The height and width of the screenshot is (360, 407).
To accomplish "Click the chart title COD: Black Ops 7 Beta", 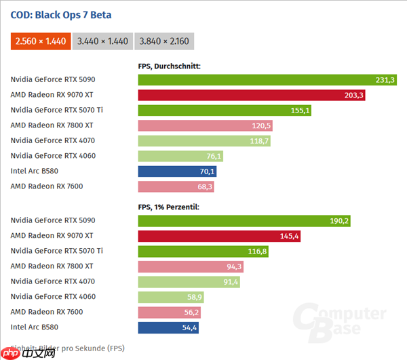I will [61, 15].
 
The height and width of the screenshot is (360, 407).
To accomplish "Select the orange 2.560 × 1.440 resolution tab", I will [41, 41].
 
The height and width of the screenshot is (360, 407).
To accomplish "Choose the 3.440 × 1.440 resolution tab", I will [102, 41].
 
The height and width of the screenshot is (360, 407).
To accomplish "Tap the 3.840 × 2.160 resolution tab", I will [164, 41].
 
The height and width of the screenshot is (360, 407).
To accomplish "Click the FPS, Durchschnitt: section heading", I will [169, 66].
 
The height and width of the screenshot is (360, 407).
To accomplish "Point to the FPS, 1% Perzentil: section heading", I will [169, 206].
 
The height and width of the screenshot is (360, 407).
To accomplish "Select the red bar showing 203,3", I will [251, 95].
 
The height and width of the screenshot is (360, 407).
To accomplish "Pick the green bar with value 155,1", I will [224, 110].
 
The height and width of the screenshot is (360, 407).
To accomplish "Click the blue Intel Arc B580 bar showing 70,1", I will [177, 172].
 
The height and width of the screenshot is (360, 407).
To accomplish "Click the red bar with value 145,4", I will [219, 236].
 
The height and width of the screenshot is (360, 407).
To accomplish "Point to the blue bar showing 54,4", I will [168, 327].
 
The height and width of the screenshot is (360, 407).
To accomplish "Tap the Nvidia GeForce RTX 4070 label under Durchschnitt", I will [53, 140].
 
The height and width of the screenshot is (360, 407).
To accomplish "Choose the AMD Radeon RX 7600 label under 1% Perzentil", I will [47, 312].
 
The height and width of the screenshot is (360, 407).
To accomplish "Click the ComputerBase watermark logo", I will [339, 322].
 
